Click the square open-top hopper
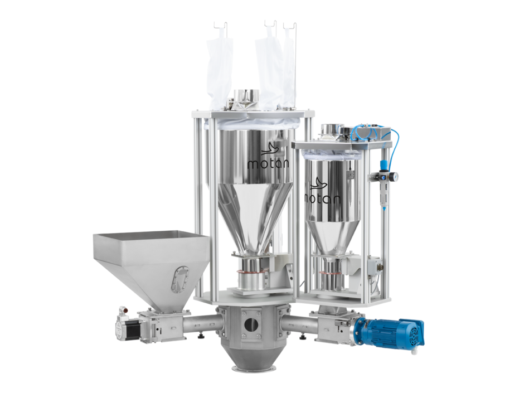pos(151,265)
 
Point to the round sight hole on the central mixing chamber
pos(251,324)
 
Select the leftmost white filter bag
pos(219,72)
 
